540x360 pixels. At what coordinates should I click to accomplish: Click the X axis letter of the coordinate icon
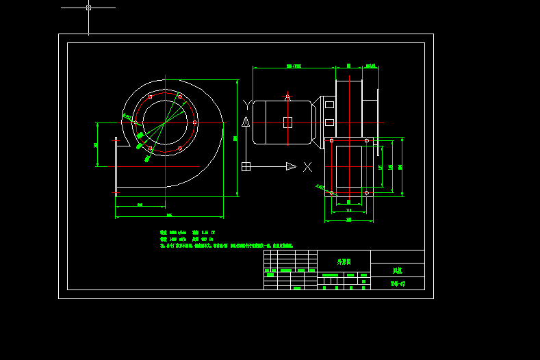point(308,166)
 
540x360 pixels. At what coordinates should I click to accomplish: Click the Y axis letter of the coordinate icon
point(246,104)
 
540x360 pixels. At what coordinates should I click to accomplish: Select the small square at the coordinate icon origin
point(246,166)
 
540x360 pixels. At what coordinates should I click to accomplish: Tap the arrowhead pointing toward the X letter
point(291,166)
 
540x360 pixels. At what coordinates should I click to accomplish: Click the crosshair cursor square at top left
point(88,8)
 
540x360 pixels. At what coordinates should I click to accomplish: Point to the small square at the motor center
point(287,123)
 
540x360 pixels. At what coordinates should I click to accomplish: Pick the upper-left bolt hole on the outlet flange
point(331,140)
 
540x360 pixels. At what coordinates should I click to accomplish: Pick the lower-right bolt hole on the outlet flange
point(367,193)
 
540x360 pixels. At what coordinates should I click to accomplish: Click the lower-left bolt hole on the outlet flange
point(331,193)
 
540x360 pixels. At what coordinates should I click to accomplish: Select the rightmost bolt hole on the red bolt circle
point(196,123)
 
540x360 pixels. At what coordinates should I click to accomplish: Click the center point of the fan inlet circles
point(165,119)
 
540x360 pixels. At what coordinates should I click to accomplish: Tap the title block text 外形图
point(344,261)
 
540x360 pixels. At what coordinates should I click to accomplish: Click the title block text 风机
point(397,271)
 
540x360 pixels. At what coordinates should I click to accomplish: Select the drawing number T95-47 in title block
point(398,283)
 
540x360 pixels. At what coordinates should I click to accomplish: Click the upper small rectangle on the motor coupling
point(329,105)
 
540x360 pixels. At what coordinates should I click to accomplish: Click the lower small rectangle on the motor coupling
point(329,123)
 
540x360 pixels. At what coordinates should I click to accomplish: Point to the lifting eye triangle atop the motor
point(288,96)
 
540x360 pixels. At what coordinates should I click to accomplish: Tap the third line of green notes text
point(227,244)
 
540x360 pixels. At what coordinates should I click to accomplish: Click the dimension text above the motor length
point(294,66)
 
